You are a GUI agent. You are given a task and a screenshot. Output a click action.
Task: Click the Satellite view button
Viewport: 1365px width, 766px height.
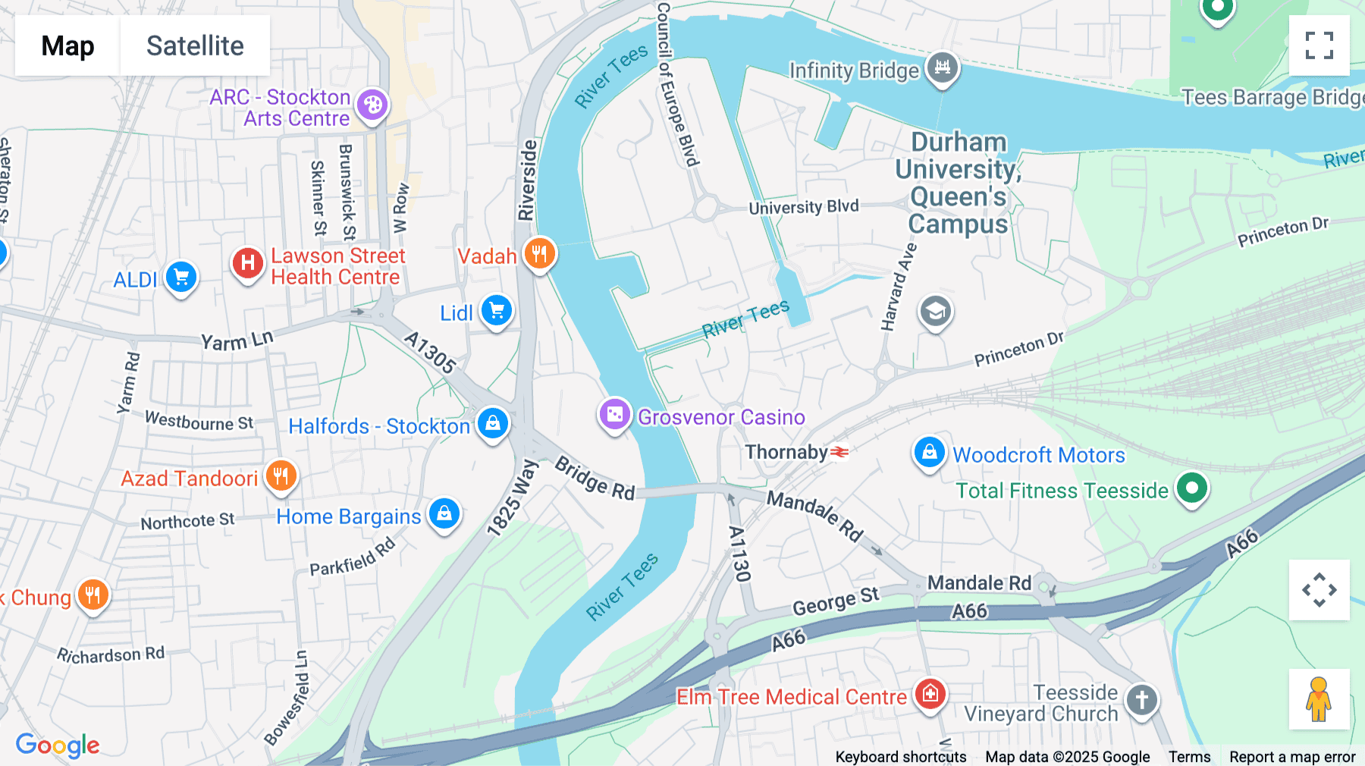point(195,46)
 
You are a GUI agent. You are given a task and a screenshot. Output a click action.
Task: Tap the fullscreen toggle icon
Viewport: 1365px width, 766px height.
point(1319,46)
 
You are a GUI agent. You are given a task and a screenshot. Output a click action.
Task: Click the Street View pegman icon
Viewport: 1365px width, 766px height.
point(1319,699)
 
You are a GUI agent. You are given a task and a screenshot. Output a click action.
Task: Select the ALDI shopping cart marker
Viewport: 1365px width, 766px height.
point(181,278)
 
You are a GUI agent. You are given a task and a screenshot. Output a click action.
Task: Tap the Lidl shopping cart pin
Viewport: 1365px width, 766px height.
point(497,311)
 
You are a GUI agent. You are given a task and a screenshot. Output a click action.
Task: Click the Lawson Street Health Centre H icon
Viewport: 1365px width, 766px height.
point(247,264)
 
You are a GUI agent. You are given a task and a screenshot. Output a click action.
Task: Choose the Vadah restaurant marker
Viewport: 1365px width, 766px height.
point(539,254)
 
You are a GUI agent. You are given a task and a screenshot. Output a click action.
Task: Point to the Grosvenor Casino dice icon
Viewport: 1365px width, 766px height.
point(615,415)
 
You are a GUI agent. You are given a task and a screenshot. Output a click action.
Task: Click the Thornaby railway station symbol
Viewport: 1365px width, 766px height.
point(839,453)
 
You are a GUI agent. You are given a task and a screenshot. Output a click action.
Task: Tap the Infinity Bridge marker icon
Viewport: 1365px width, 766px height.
point(942,67)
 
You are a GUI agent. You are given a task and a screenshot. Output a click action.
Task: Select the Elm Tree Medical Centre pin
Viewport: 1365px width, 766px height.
point(930,694)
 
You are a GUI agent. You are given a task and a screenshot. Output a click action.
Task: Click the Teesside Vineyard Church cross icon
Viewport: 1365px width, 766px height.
point(1141,700)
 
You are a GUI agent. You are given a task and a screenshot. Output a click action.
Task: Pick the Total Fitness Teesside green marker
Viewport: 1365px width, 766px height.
point(1191,488)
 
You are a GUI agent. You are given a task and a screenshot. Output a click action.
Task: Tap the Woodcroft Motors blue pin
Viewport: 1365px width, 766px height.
point(929,453)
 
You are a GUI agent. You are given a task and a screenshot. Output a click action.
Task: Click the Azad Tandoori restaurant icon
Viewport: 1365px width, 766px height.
point(281,476)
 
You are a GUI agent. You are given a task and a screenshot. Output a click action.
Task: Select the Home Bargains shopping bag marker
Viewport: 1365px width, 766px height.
point(444,514)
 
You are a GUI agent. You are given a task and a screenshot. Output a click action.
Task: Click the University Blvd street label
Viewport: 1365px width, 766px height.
point(803,207)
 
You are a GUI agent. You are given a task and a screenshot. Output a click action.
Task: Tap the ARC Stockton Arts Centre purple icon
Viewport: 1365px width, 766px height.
point(372,105)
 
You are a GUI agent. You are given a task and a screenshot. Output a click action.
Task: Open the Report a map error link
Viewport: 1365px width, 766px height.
point(1292,757)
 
